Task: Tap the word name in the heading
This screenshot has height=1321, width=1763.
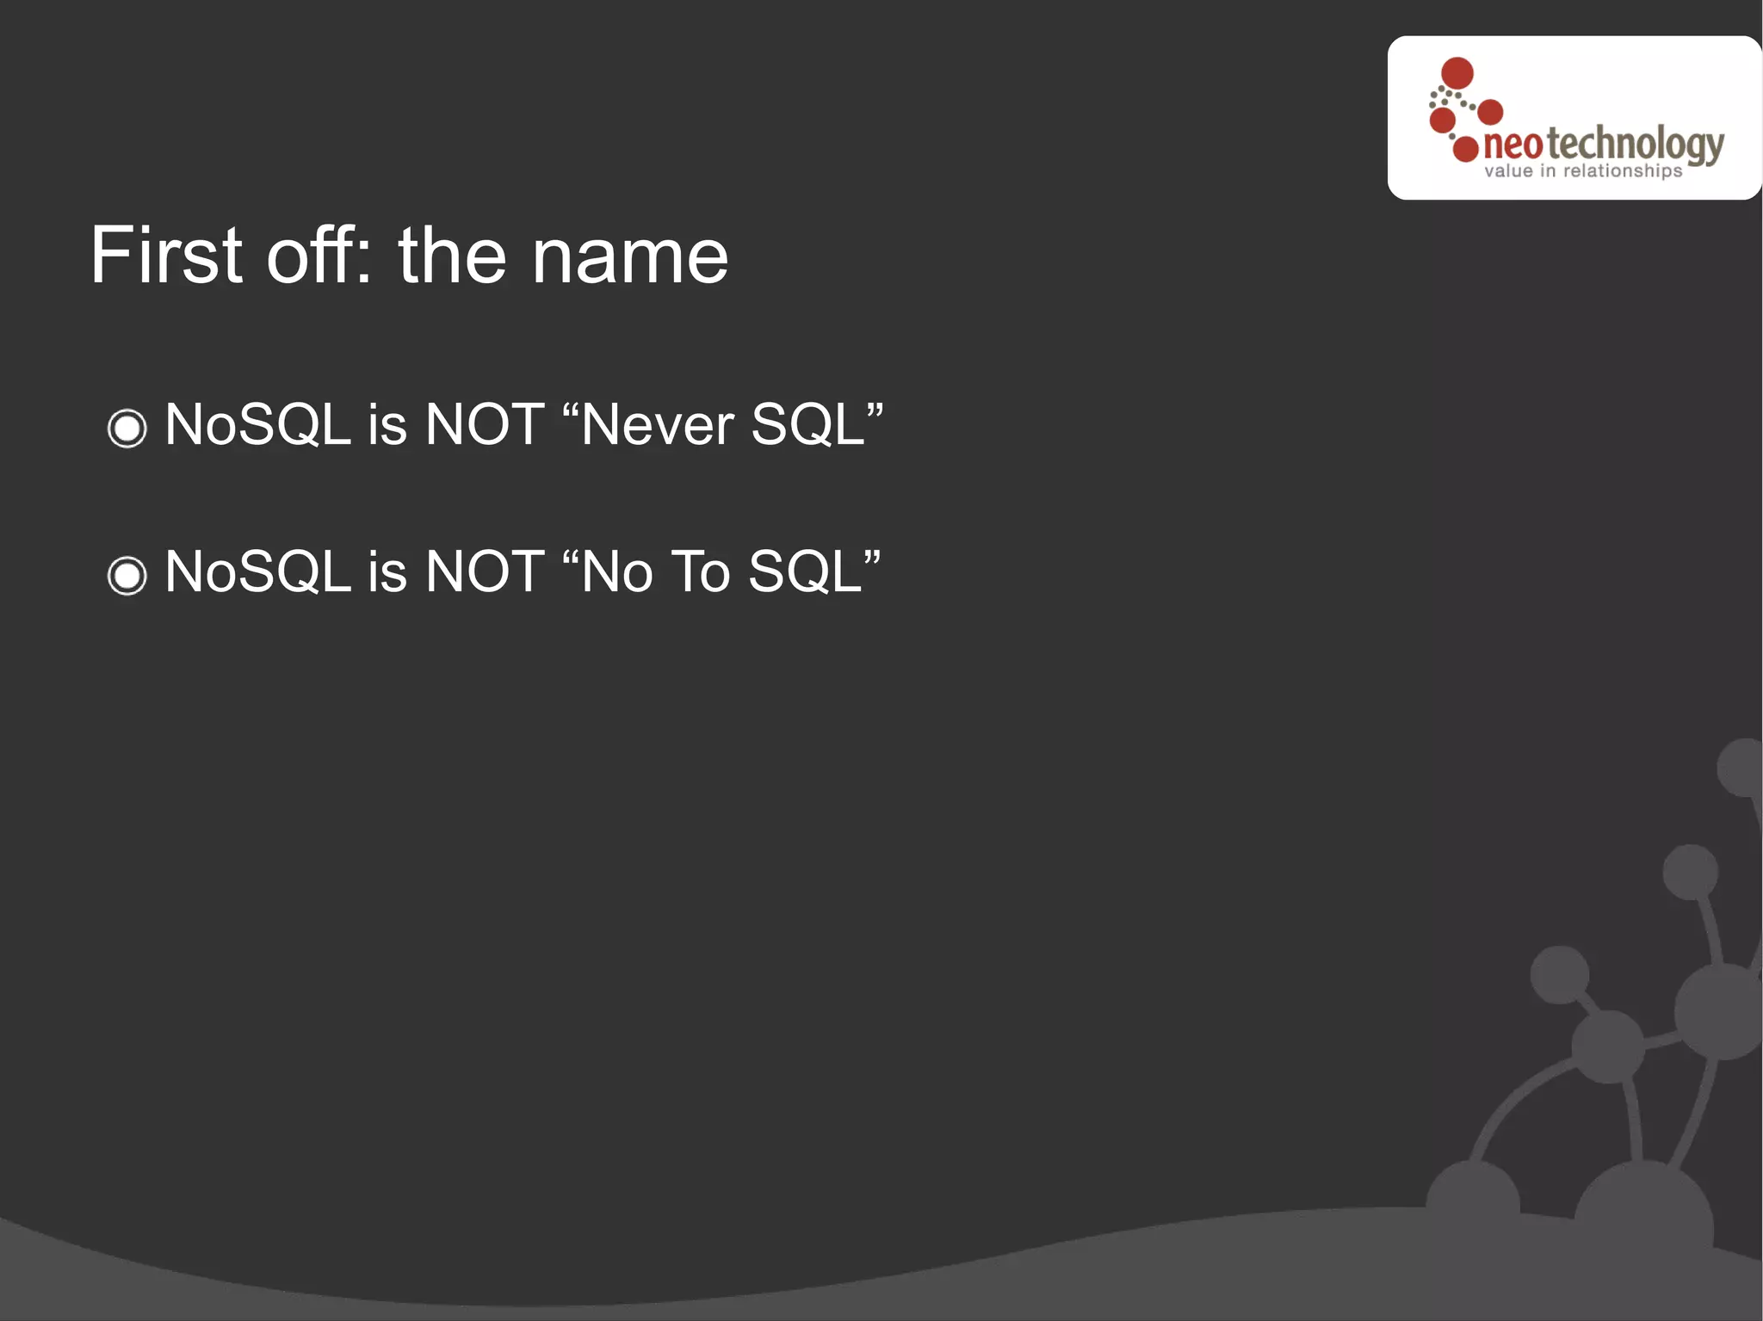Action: point(629,257)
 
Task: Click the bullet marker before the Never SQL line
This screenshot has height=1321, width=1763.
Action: point(127,428)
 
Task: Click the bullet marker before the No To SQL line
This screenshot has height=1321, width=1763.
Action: point(127,575)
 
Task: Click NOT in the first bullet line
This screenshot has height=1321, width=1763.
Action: point(485,424)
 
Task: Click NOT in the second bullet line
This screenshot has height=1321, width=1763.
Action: point(485,571)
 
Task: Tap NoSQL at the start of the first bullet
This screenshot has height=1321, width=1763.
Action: point(257,424)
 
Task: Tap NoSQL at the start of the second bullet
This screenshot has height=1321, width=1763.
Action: point(257,571)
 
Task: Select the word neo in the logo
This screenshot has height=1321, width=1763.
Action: point(1512,145)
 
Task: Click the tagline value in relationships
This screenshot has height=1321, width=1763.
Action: point(1583,171)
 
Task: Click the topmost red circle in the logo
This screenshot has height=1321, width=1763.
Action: point(1457,73)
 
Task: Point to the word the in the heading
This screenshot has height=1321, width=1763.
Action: point(452,256)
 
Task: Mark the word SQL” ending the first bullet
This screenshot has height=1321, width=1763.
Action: point(816,424)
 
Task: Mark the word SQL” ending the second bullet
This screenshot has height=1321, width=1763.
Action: point(814,571)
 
